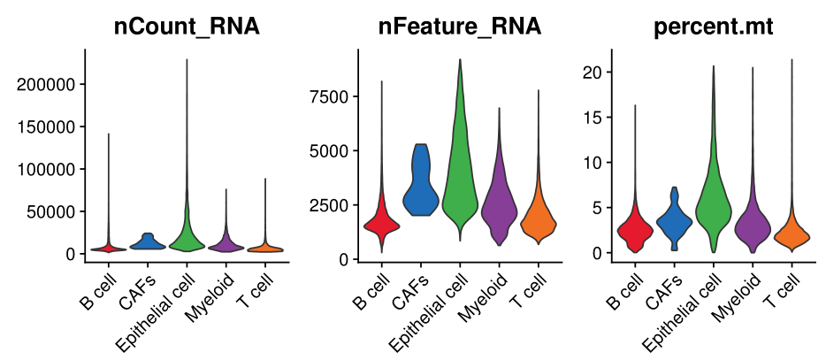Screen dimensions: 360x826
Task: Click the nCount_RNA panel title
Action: click(187, 27)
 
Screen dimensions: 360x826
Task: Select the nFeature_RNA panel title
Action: click(459, 27)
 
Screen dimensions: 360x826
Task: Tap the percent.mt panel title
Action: click(713, 27)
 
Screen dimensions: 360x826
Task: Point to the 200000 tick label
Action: click(57, 85)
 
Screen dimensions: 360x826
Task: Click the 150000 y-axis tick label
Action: click(57, 126)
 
